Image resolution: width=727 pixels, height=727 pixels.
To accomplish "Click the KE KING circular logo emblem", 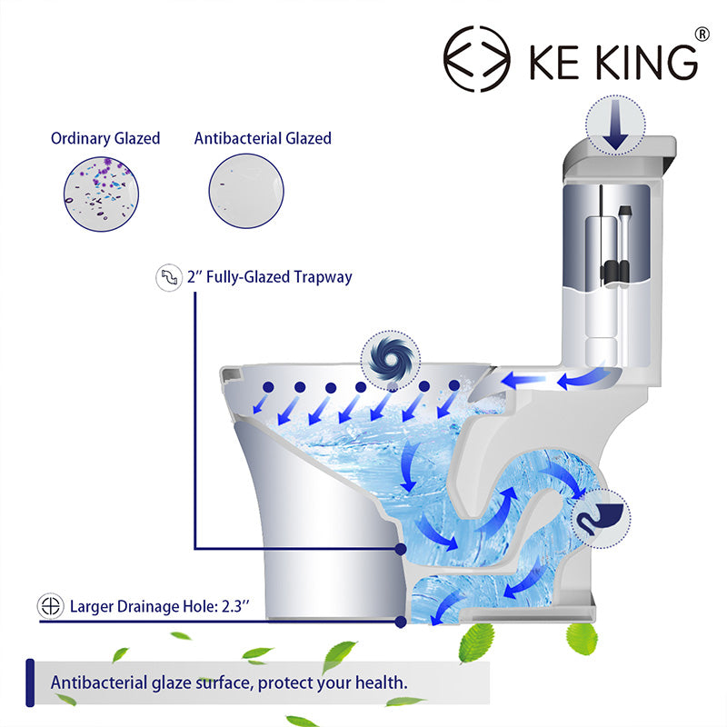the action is coord(476,59).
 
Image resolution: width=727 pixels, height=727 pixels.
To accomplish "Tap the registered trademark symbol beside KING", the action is coord(702,35).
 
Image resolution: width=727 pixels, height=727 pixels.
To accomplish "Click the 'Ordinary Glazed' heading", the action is coord(105,138).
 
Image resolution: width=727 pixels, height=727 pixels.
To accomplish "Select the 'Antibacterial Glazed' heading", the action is coord(263,138).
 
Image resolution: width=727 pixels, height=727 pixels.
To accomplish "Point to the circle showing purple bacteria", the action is coord(101,194).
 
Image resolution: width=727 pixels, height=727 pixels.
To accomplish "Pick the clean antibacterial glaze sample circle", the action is coord(246,191).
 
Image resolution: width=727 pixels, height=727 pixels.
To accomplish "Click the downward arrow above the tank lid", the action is coord(615,125).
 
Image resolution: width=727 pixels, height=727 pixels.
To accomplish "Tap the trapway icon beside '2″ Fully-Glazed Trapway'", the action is coord(169,278).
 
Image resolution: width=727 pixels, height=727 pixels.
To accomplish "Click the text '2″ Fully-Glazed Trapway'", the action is coord(269,277).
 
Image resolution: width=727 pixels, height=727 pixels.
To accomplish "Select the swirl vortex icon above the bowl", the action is coord(391,360).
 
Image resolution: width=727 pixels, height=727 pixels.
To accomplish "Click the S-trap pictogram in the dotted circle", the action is coord(601,518).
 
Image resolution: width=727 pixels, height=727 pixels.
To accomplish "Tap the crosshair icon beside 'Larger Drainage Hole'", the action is coord(51,606).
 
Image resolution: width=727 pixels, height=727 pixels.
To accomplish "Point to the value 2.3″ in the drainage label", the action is coord(235,606).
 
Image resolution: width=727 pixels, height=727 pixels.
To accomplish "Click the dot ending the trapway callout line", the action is coord(401,550).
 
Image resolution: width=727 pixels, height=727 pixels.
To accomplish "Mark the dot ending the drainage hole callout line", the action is coord(401,622).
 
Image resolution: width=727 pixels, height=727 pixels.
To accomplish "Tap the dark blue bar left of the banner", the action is coord(30,682).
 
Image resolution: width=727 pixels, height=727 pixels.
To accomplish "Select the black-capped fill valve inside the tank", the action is coord(624,245).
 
